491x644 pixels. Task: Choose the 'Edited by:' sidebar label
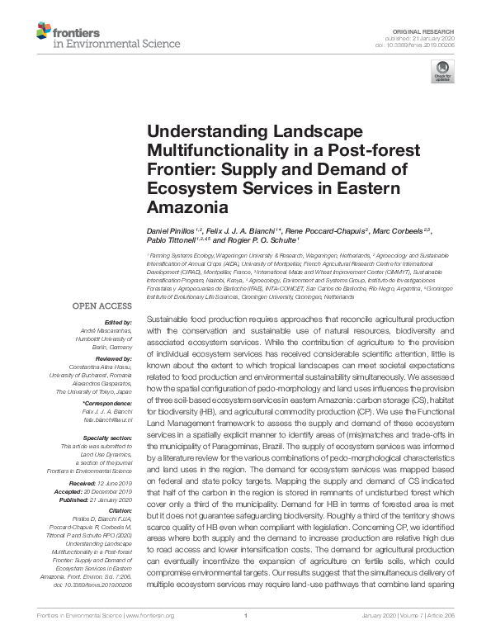pyautogui.click(x=120, y=322)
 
